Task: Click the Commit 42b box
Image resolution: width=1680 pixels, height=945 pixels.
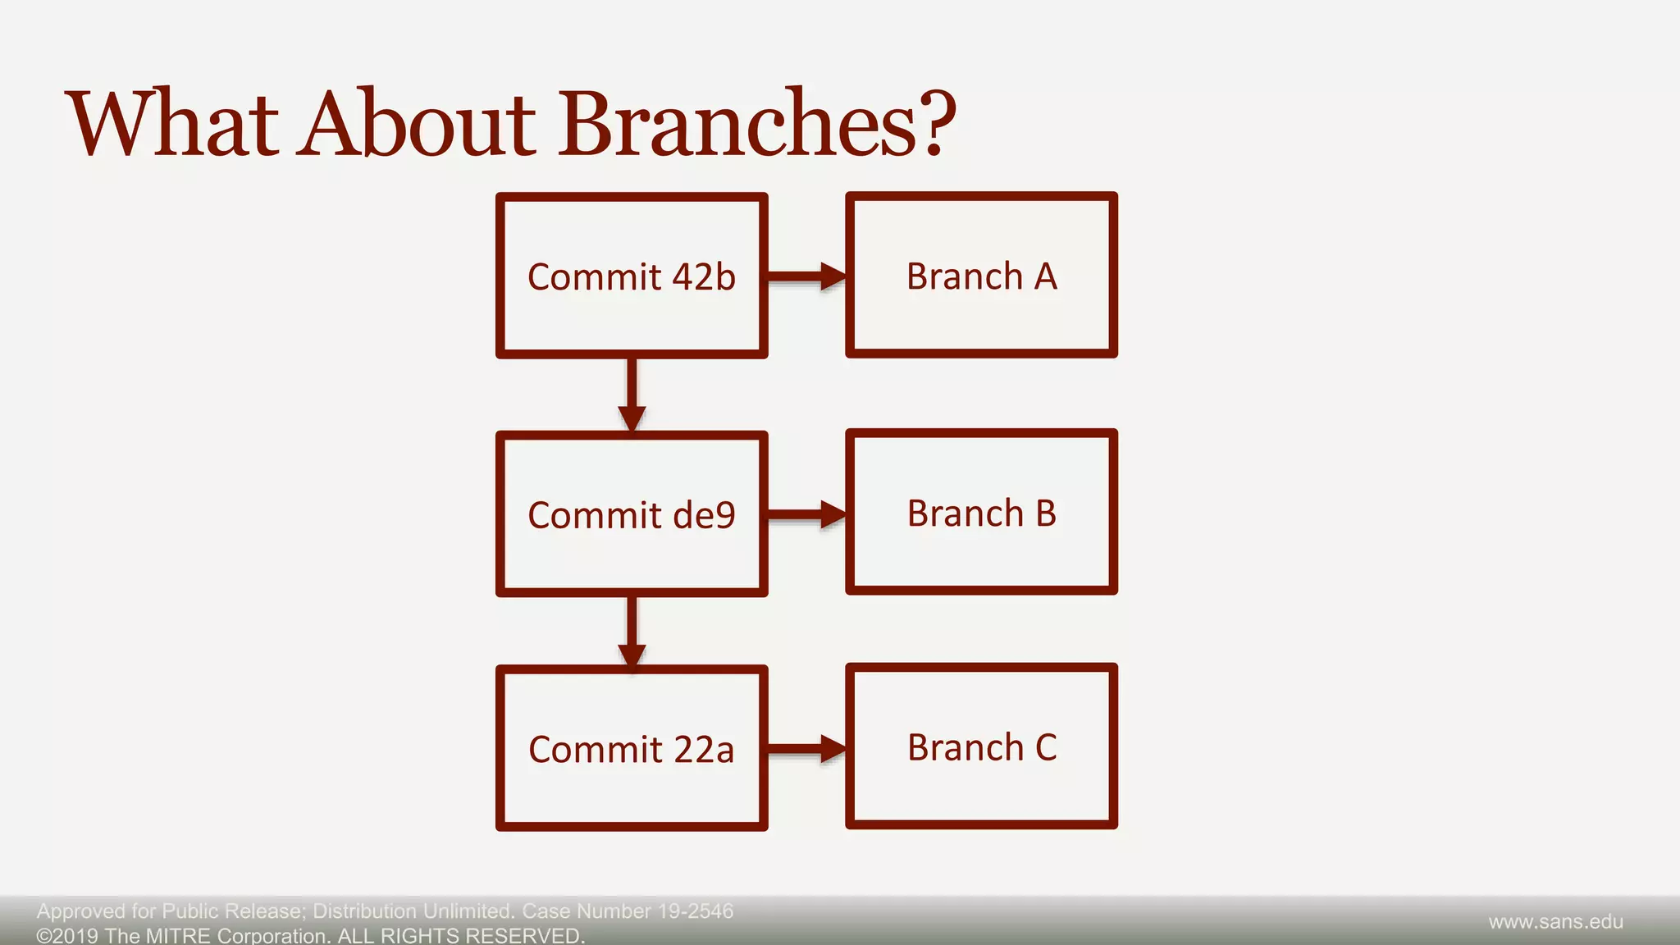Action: point(632,276)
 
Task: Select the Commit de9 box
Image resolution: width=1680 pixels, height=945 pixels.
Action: point(632,514)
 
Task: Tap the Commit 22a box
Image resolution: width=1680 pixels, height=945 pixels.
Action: point(632,748)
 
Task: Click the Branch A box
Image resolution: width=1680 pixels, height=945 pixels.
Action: point(981,276)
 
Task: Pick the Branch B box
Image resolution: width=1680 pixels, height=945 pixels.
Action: point(981,513)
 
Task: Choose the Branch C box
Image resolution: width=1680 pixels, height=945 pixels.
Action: point(981,746)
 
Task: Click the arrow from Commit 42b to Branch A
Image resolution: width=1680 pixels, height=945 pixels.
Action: point(806,276)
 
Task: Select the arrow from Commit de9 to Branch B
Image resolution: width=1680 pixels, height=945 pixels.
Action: point(806,514)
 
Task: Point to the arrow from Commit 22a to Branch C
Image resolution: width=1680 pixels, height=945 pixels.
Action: point(806,748)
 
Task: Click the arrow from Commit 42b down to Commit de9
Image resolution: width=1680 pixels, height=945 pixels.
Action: point(632,394)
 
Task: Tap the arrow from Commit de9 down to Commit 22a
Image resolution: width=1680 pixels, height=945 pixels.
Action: point(632,632)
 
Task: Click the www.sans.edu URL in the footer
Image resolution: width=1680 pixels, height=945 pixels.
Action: point(1555,922)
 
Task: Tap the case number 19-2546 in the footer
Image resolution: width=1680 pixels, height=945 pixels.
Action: point(696,911)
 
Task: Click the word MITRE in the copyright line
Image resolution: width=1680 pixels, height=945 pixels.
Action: point(178,936)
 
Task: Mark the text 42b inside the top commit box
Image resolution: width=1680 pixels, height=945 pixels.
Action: point(704,276)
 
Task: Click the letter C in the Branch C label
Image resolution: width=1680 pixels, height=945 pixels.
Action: point(1046,747)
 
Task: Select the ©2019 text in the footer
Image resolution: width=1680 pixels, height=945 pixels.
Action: point(67,936)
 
